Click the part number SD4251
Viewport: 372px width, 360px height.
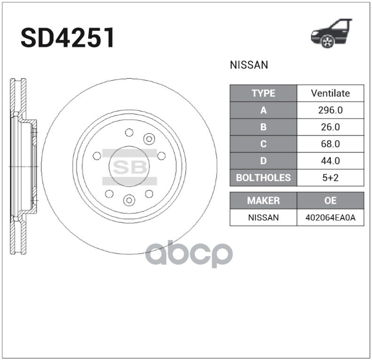tap(68, 38)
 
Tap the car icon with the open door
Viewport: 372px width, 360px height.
tap(332, 34)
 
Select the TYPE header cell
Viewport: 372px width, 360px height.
tap(263, 93)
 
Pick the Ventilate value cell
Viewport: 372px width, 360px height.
tap(330, 93)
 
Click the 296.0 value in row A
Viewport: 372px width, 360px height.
tap(330, 110)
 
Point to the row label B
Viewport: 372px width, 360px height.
tap(263, 127)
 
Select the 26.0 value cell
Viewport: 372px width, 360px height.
tap(330, 127)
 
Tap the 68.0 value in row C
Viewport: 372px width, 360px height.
tap(330, 144)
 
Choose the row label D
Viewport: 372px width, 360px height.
tap(263, 161)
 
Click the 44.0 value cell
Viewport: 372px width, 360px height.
tap(330, 161)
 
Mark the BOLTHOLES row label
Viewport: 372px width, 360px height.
tap(263, 178)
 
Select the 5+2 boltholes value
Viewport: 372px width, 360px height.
tap(330, 178)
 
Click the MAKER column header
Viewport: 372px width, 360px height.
tap(263, 200)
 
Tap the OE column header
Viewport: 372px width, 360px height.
tap(330, 200)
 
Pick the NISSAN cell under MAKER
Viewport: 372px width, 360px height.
tap(263, 217)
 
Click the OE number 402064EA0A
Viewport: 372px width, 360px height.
tap(330, 217)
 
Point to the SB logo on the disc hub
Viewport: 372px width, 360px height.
tap(129, 167)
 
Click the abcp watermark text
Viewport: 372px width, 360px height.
tap(189, 254)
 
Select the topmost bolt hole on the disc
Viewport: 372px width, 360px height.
tap(129, 133)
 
